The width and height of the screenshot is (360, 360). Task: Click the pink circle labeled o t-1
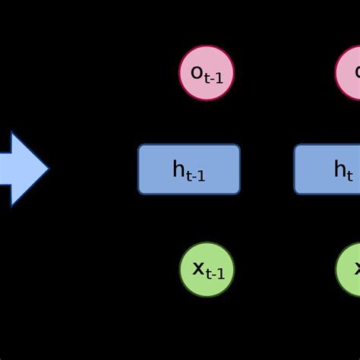[x=207, y=73]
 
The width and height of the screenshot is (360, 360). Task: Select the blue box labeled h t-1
[x=189, y=169]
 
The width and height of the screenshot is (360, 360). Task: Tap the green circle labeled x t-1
[x=207, y=270]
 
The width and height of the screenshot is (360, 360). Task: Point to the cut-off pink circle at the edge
[x=349, y=73]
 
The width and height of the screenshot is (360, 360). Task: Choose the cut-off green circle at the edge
[x=349, y=270]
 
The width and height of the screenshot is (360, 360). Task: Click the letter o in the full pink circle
[x=197, y=72]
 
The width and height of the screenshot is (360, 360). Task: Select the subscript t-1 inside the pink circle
[x=214, y=77]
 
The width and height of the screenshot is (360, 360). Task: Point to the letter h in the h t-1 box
[x=179, y=169]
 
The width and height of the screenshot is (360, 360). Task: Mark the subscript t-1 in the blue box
[x=196, y=175]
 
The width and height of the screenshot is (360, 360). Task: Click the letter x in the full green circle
[x=197, y=268]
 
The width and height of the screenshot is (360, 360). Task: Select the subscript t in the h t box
[x=349, y=175]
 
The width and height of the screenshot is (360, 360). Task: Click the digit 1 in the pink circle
[x=220, y=77]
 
